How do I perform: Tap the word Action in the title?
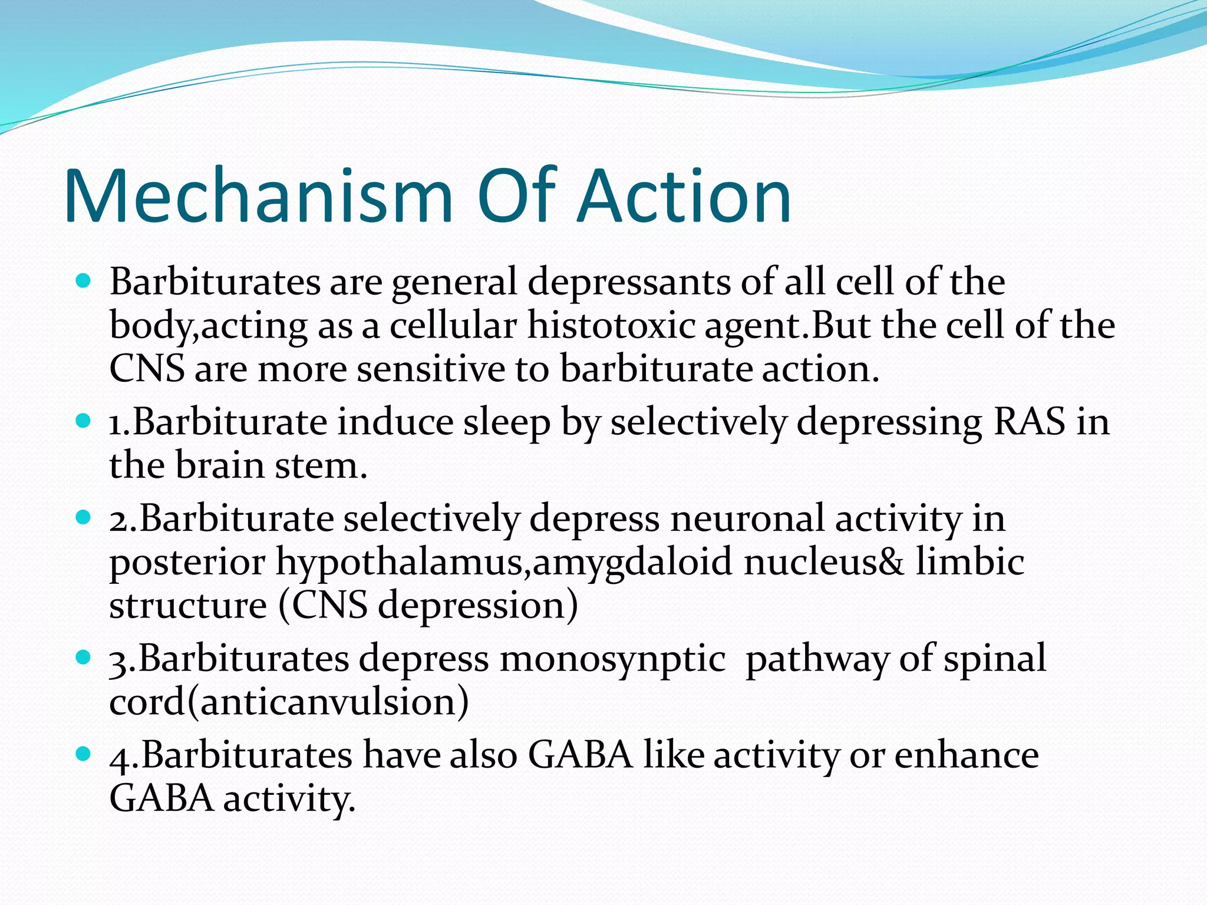684,196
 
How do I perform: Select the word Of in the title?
517,196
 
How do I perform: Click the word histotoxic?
611,325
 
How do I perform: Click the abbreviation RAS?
1029,422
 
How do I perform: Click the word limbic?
969,562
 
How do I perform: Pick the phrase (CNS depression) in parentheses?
428,606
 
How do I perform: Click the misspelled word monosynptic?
612,659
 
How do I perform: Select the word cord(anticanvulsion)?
289,702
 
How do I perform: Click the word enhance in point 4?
966,755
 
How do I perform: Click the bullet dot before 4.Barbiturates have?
84,754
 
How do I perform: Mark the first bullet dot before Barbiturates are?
84,282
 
